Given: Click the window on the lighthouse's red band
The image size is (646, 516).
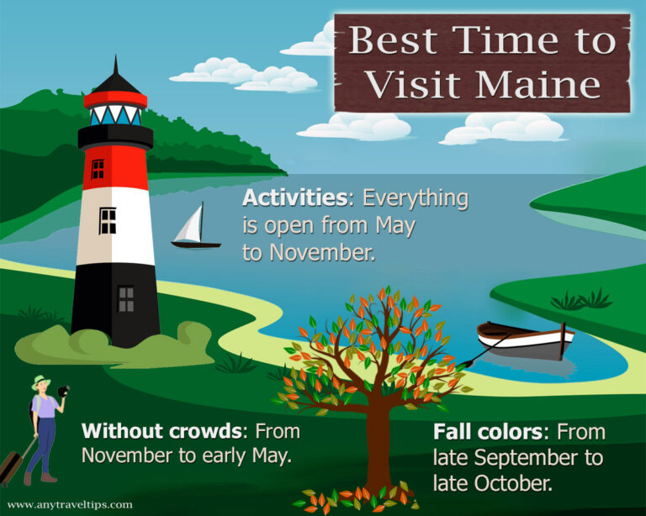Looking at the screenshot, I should (x=98, y=169).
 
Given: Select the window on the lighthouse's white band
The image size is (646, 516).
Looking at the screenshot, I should (x=108, y=221).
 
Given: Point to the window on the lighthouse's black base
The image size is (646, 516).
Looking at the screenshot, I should (x=125, y=298).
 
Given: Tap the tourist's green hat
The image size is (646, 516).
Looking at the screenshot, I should (x=40, y=382).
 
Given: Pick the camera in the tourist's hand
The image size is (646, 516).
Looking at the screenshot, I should (x=63, y=392).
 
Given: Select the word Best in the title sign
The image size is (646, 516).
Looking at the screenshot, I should (x=394, y=40).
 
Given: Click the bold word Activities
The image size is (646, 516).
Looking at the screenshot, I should (x=293, y=199).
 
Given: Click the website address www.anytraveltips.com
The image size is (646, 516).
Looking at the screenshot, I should (x=69, y=505).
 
